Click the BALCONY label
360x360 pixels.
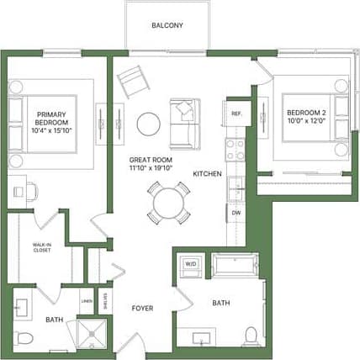pyautogui.click(x=167, y=25)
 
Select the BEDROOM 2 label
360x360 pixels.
pyautogui.click(x=306, y=113)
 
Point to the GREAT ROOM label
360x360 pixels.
pyautogui.click(x=151, y=159)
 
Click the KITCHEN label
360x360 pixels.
pyautogui.click(x=207, y=173)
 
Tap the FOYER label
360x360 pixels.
pyautogui.click(x=142, y=307)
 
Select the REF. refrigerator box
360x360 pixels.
pyautogui.click(x=236, y=113)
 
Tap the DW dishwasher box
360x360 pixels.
pyautogui.click(x=236, y=213)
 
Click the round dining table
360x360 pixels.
pyautogui.click(x=168, y=203)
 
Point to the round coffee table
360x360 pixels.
pyautogui.click(x=149, y=124)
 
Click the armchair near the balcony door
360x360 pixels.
pyautogui.click(x=133, y=82)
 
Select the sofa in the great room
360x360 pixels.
pyautogui.click(x=185, y=122)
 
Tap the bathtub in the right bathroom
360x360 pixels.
pyautogui.click(x=235, y=266)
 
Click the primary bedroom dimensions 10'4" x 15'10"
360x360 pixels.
pyautogui.click(x=52, y=130)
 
